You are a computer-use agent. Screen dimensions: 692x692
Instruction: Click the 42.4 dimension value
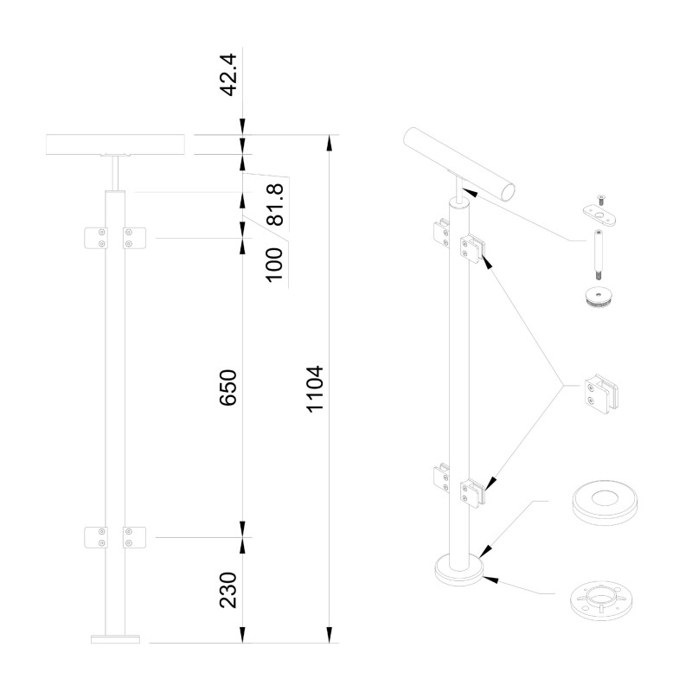(228, 74)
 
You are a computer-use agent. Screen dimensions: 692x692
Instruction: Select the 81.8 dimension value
(274, 204)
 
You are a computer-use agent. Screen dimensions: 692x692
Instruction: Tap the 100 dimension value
(274, 265)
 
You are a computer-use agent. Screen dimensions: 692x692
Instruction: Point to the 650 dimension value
(228, 388)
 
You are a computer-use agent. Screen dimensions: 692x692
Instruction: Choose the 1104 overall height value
(315, 389)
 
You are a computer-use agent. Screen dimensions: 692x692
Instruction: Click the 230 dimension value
(228, 590)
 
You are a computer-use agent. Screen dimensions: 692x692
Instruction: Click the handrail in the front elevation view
(116, 144)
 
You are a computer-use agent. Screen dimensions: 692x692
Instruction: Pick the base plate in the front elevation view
(115, 639)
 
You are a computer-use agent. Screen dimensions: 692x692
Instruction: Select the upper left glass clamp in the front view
(96, 238)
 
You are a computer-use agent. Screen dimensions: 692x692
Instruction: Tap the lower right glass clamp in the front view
(134, 537)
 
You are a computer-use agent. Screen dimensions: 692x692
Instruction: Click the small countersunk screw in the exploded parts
(600, 200)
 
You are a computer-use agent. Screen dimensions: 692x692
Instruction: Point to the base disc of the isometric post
(459, 571)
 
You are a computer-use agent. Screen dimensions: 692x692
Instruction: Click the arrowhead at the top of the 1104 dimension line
(329, 144)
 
